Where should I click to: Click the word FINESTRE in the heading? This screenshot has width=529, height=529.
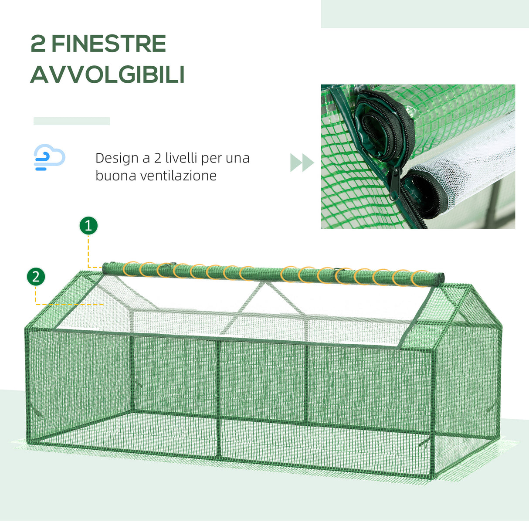[109, 44]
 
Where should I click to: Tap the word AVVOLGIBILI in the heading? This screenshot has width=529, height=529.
[108, 75]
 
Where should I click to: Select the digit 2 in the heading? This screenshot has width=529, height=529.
[38, 44]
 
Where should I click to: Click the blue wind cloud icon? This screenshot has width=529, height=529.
[49, 157]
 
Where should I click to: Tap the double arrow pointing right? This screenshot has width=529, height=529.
[302, 163]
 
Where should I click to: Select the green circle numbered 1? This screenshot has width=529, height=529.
[88, 226]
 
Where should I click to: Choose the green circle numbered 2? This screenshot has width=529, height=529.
[36, 277]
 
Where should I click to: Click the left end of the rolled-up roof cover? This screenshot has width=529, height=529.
[106, 267]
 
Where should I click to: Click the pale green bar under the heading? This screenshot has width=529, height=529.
[71, 121]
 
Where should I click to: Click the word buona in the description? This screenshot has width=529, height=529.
[113, 176]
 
